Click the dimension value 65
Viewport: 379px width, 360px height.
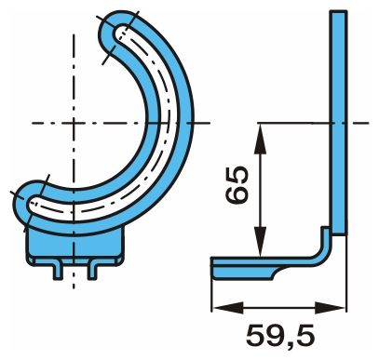coord(237,185)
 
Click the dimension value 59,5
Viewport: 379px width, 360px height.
coord(280,337)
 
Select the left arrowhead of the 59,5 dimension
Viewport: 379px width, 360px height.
coord(228,308)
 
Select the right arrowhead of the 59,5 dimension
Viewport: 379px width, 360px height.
coord(330,308)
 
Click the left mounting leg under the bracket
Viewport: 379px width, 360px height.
coord(58,272)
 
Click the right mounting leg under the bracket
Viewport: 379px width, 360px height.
coord(92,272)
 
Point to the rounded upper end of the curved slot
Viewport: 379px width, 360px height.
coord(119,33)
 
